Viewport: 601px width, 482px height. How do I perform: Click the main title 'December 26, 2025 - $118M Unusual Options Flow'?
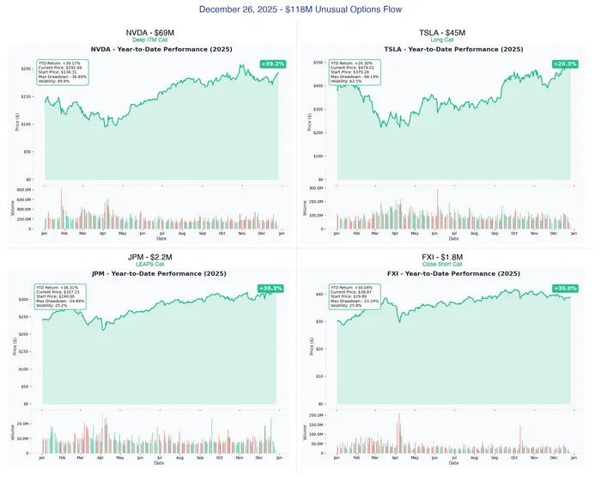(300, 9)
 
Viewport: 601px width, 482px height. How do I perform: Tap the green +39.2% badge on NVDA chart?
(272, 64)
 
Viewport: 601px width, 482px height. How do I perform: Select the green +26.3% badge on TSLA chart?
(565, 64)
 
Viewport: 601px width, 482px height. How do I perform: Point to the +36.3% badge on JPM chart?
(270, 289)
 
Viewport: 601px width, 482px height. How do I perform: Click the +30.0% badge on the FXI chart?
(565, 289)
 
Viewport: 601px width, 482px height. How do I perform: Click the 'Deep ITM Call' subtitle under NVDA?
(149, 40)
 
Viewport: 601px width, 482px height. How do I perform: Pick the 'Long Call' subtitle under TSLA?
(443, 40)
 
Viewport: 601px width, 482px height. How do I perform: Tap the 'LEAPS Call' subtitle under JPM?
(149, 265)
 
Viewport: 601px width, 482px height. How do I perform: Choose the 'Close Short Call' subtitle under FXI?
(443, 265)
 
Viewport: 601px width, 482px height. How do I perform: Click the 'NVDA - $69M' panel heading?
(149, 33)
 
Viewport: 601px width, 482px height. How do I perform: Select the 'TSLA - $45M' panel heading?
(443, 33)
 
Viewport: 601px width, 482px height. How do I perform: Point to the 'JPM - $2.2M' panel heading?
(149, 257)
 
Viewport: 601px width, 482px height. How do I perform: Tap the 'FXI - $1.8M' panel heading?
(443, 257)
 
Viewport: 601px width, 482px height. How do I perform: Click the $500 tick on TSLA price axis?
(318, 63)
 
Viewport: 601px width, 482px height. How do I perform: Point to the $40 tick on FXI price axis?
(319, 294)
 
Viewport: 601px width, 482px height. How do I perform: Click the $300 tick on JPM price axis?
(25, 300)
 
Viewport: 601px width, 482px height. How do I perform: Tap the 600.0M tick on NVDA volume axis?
(23, 190)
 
